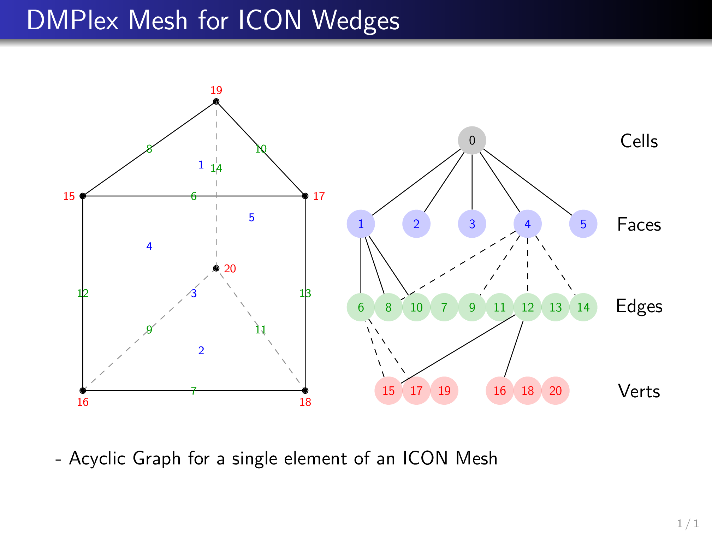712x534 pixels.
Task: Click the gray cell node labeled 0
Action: pos(472,140)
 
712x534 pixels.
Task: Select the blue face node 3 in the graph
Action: pos(472,224)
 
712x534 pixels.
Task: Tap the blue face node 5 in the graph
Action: pos(583,224)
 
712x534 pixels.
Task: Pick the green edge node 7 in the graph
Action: pos(444,307)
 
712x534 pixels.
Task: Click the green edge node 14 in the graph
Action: pos(583,307)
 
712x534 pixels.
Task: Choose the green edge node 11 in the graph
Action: pos(500,307)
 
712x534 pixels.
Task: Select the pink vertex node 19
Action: pos(444,391)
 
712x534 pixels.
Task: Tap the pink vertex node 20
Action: pos(555,391)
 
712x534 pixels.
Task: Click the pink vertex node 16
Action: pos(500,391)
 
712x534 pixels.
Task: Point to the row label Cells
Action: pos(639,141)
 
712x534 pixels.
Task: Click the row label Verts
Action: pos(639,391)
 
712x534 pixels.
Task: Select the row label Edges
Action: pos(639,306)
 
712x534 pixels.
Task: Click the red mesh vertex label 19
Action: pos(216,90)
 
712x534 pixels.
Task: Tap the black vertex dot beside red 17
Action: pos(305,196)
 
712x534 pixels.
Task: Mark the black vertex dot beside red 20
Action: pos(216,268)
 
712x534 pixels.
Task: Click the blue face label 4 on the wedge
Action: pos(149,246)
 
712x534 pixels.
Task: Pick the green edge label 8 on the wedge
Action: pos(149,149)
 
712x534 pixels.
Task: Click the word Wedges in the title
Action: pos(356,20)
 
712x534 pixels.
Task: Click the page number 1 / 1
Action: pos(688,523)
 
